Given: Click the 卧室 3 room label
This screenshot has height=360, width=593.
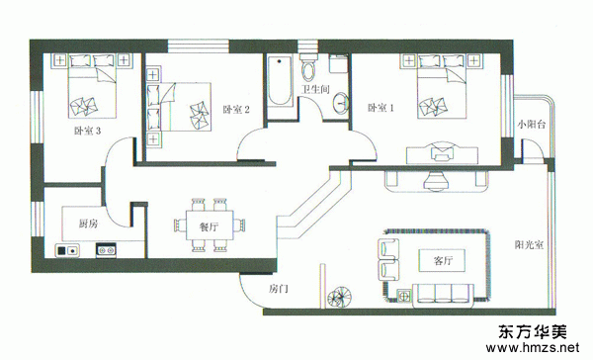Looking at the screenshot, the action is click(x=87, y=131).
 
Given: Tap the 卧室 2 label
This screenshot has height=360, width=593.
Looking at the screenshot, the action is click(x=236, y=110).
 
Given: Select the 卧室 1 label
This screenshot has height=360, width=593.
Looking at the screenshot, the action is click(x=381, y=108).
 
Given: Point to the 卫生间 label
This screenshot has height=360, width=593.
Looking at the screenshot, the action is click(x=315, y=89).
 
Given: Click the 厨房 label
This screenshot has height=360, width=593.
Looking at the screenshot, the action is click(x=88, y=224).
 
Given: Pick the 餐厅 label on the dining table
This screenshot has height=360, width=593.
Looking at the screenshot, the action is click(x=210, y=226).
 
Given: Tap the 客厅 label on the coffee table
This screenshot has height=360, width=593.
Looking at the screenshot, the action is click(x=443, y=260).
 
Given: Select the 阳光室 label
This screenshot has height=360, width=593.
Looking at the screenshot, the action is click(x=529, y=244).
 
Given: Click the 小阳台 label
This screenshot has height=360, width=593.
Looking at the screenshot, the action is click(x=532, y=125).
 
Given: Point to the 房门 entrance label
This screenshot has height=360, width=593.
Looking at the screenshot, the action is click(x=279, y=289).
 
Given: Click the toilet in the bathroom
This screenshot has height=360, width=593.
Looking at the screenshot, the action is click(x=308, y=67).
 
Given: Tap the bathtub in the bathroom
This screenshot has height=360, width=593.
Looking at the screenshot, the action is click(x=280, y=80).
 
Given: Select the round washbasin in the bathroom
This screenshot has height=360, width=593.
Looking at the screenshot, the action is click(x=341, y=102).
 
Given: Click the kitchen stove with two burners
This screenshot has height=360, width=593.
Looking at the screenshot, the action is click(x=106, y=250).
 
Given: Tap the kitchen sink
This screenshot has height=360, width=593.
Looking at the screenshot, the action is click(x=67, y=250).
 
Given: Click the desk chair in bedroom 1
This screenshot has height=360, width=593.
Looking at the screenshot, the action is click(x=442, y=151).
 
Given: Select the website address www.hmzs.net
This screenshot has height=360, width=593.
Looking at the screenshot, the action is click(x=532, y=347).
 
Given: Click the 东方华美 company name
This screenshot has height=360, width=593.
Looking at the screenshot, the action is click(x=533, y=331).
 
